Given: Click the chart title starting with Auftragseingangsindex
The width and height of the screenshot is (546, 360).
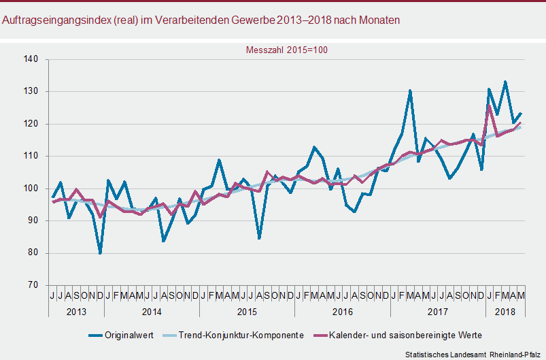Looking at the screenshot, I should (201, 20).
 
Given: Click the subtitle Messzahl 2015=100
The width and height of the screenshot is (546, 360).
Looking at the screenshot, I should (286, 50).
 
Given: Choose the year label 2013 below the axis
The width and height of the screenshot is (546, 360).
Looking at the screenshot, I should (76, 311).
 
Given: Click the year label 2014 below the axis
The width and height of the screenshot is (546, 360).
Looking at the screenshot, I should (152, 311).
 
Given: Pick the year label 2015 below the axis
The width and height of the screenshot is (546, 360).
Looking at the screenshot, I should (247, 311).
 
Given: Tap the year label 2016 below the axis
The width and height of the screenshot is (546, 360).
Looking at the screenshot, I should (342, 311).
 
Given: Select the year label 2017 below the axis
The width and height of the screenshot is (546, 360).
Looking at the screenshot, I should (437, 311).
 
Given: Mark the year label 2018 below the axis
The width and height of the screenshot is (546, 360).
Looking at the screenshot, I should (505, 311).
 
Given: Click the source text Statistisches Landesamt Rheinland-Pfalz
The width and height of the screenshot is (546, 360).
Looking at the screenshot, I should (473, 355).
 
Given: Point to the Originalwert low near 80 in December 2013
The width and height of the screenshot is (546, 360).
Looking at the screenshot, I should (100, 253).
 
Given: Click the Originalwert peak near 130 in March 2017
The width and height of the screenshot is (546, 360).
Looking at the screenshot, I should (410, 91).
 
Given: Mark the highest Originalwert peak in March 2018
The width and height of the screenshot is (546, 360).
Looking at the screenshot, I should (505, 82).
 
